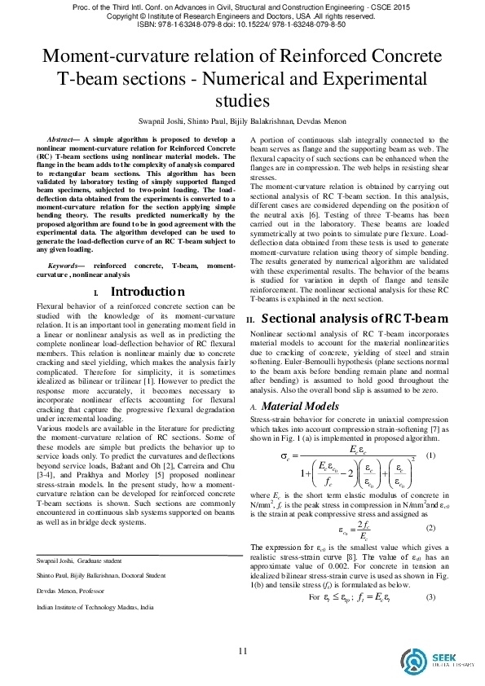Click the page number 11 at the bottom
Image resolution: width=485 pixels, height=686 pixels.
pos(242,650)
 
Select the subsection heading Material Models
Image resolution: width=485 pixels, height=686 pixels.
pos(299,404)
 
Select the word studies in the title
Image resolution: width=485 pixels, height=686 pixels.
pos(242,101)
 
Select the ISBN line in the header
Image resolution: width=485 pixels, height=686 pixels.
pos(242,24)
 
